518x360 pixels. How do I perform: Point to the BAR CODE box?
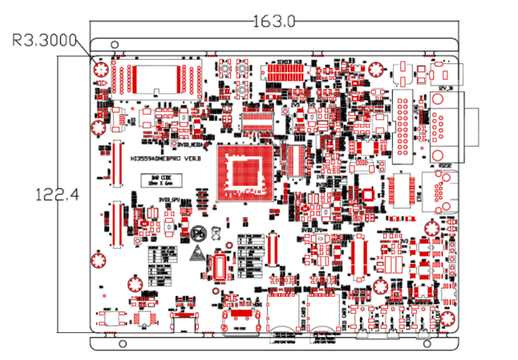click(160, 179)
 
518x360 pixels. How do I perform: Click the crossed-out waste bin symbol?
click(216, 233)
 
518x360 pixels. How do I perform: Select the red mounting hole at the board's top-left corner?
click(101, 71)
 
